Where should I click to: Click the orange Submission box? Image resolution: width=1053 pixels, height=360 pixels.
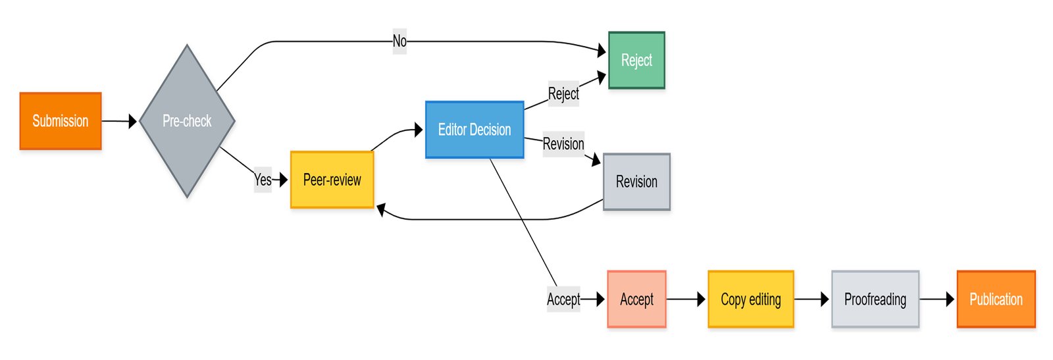coord(61,121)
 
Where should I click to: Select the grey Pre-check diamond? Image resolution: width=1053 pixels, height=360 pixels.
coord(187,121)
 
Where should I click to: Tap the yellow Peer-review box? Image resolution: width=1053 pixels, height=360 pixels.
coord(332,180)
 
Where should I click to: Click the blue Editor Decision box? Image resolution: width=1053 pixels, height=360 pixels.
coord(475,130)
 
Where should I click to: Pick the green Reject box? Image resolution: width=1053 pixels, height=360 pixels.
coord(636,61)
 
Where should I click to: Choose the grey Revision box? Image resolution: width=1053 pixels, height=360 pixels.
coord(636,182)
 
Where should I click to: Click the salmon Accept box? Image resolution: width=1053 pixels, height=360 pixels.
coord(636,299)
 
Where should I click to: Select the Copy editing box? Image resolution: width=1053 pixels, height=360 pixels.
coord(751,299)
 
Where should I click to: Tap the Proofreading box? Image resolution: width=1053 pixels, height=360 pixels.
coord(875,299)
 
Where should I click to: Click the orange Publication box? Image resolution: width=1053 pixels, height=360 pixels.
coord(996,299)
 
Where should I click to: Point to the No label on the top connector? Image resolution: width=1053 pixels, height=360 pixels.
coord(399,41)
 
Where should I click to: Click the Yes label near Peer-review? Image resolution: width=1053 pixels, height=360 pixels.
coord(263,180)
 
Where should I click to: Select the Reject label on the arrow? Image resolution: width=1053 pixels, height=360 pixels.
coord(563,93)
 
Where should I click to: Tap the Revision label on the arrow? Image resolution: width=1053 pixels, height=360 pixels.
coord(563,144)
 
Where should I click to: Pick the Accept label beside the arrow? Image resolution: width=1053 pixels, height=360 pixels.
coord(563,299)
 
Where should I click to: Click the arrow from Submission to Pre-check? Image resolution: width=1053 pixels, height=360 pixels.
coord(119,121)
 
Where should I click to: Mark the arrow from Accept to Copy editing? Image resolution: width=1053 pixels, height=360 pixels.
coord(686,299)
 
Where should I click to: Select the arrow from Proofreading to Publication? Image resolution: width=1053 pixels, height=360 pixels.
coord(937,299)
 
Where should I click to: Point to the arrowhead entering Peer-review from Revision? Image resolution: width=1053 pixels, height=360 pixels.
coord(381,211)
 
